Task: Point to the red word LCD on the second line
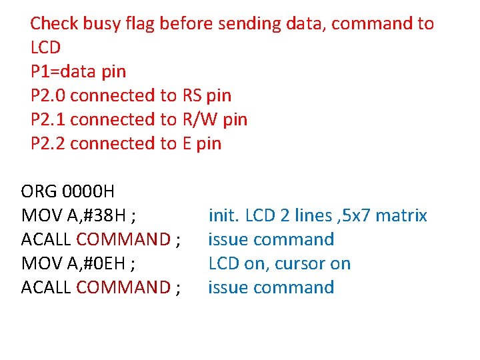coord(45,47)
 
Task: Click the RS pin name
coord(192,95)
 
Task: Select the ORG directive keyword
coord(39,191)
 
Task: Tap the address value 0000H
coord(88,191)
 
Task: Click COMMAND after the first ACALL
coord(123,239)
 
